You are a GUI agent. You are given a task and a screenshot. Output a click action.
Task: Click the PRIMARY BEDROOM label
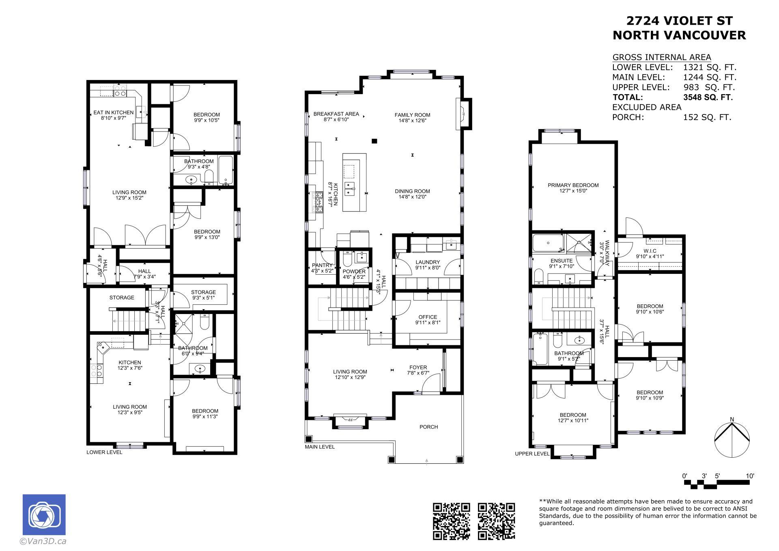(573, 185)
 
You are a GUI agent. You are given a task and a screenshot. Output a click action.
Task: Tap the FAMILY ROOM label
(412, 115)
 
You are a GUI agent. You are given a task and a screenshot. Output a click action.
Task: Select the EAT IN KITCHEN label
(114, 113)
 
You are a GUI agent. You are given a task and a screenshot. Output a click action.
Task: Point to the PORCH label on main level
(429, 427)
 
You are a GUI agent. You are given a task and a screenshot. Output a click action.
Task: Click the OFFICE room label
(428, 317)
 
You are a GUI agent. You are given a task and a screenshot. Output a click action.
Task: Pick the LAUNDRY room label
(428, 263)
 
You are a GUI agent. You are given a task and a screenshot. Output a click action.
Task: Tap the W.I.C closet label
(650, 251)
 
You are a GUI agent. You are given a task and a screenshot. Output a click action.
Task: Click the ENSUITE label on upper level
(562, 261)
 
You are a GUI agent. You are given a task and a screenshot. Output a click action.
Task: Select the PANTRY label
(322, 265)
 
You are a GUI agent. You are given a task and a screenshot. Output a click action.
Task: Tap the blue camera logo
(44, 514)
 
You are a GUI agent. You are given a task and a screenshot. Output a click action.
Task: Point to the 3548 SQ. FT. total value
(708, 97)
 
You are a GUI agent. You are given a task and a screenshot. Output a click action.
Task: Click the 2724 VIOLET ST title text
(680, 21)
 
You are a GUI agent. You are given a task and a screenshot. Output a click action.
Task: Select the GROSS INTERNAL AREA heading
(662, 57)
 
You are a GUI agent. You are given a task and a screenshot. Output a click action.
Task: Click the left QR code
(451, 521)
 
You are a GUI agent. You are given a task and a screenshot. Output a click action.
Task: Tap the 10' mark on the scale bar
(750, 476)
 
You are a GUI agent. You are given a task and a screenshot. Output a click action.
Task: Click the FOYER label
(418, 368)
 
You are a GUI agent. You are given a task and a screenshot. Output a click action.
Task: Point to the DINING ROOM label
(412, 192)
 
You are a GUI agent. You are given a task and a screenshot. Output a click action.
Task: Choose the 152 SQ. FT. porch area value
(707, 117)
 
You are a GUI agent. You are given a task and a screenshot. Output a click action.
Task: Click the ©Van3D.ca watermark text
(43, 541)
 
